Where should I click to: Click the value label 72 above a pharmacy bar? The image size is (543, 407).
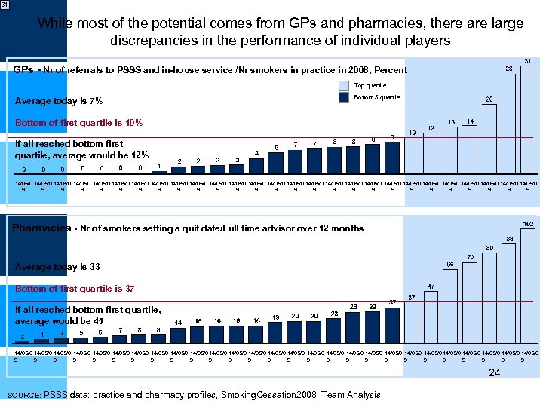470,257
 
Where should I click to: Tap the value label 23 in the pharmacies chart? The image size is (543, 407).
333,314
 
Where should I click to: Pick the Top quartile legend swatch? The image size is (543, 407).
344,86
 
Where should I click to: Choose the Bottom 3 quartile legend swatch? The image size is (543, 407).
344,97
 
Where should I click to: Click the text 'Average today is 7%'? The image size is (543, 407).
59,102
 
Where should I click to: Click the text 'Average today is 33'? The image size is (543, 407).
57,267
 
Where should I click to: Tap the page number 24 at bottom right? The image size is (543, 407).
494,372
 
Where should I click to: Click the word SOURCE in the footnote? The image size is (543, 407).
23,395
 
